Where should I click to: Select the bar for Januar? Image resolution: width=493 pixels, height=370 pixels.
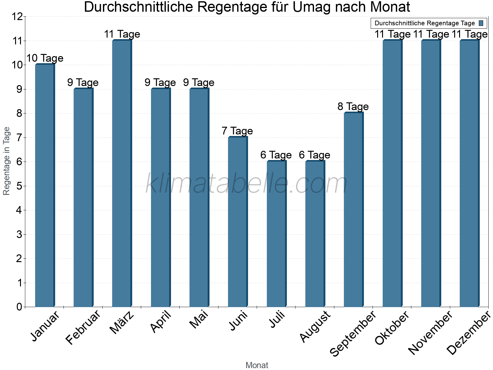pyautogui.click(x=45, y=185)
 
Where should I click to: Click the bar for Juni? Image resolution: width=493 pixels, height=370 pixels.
pyautogui.click(x=238, y=222)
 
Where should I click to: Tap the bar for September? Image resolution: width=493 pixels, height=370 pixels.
pyautogui.click(x=353, y=210)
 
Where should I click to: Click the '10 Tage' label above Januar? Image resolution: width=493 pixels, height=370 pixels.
pyautogui.click(x=45, y=58)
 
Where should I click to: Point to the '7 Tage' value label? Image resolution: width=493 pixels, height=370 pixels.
pyautogui.click(x=237, y=131)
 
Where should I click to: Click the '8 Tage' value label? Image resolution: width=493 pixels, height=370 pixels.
pyautogui.click(x=353, y=106)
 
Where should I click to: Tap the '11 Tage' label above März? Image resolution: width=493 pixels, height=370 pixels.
pyautogui.click(x=122, y=34)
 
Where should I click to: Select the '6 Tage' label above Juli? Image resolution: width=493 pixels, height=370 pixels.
pyautogui.click(x=276, y=155)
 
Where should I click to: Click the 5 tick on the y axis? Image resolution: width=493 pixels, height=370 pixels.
pyautogui.click(x=19, y=186)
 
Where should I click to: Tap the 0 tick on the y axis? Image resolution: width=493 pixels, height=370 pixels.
pyautogui.click(x=19, y=307)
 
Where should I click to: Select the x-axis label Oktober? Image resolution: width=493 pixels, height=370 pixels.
pyautogui.click(x=392, y=327)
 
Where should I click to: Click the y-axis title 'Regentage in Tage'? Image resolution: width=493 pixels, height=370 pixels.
pyautogui.click(x=7, y=161)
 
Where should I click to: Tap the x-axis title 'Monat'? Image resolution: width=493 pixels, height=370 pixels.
pyautogui.click(x=257, y=365)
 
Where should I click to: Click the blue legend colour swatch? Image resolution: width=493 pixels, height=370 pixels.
pyautogui.click(x=481, y=23)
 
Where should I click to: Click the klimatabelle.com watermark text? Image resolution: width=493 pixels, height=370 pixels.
pyautogui.click(x=246, y=184)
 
